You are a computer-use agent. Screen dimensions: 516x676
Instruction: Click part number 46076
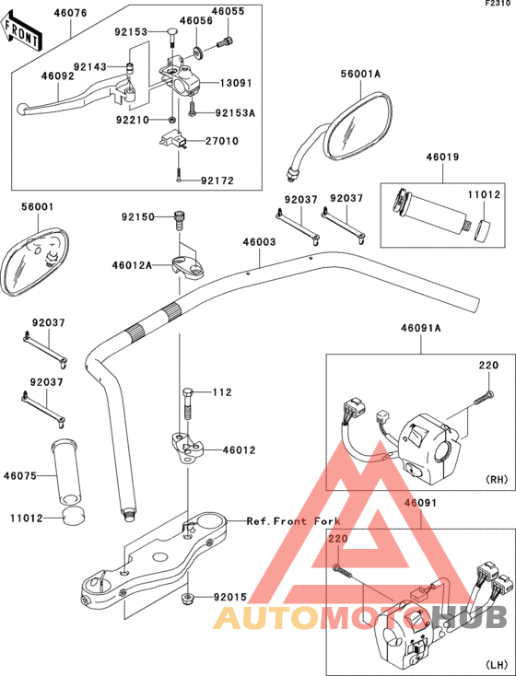70,13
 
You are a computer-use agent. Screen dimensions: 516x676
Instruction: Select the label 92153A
235,113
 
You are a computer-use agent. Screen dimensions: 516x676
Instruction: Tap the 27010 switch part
173,140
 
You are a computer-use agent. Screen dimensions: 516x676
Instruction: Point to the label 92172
217,181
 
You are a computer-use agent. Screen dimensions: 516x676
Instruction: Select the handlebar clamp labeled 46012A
188,266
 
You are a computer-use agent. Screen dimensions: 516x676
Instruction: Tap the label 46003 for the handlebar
259,242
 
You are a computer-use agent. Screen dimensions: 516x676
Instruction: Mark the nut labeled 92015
187,599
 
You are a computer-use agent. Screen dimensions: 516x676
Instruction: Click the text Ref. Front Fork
293,521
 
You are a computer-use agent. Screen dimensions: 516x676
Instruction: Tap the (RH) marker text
497,479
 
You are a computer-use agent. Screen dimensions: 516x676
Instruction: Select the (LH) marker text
497,663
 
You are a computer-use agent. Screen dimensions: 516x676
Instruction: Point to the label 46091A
421,329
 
